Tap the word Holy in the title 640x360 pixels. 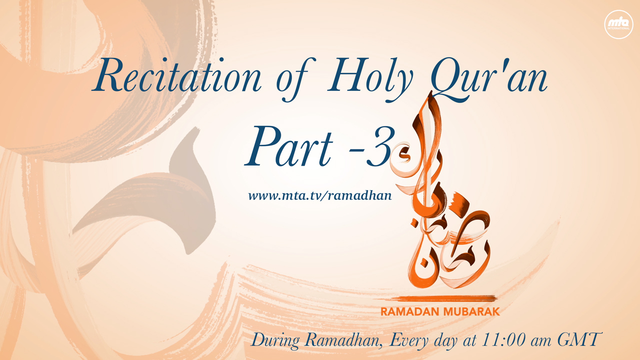(x=370, y=78)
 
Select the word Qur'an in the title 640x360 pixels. (x=489, y=78)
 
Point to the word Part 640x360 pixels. (x=289, y=147)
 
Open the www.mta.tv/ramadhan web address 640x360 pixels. (x=320, y=196)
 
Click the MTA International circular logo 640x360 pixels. (x=619, y=24)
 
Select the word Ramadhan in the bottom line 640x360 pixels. (x=343, y=340)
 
